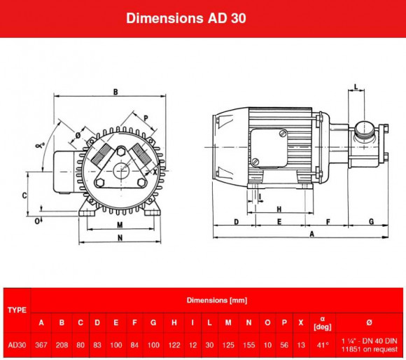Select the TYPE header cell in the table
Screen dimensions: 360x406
[16, 309]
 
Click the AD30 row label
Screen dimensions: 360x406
[16, 345]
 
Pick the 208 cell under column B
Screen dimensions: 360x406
[62, 345]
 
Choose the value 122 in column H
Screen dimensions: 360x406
[173, 345]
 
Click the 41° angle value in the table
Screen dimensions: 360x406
[322, 345]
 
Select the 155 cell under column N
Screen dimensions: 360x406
[248, 345]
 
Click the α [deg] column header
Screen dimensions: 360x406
[322, 322]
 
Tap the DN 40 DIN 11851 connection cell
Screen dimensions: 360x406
[369, 345]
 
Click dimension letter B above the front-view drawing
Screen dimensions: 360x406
[115, 91]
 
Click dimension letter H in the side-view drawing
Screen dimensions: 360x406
[279, 209]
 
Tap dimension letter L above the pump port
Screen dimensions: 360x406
[356, 88]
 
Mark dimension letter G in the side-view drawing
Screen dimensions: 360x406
[370, 221]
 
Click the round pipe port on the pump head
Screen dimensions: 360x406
[364, 128]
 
